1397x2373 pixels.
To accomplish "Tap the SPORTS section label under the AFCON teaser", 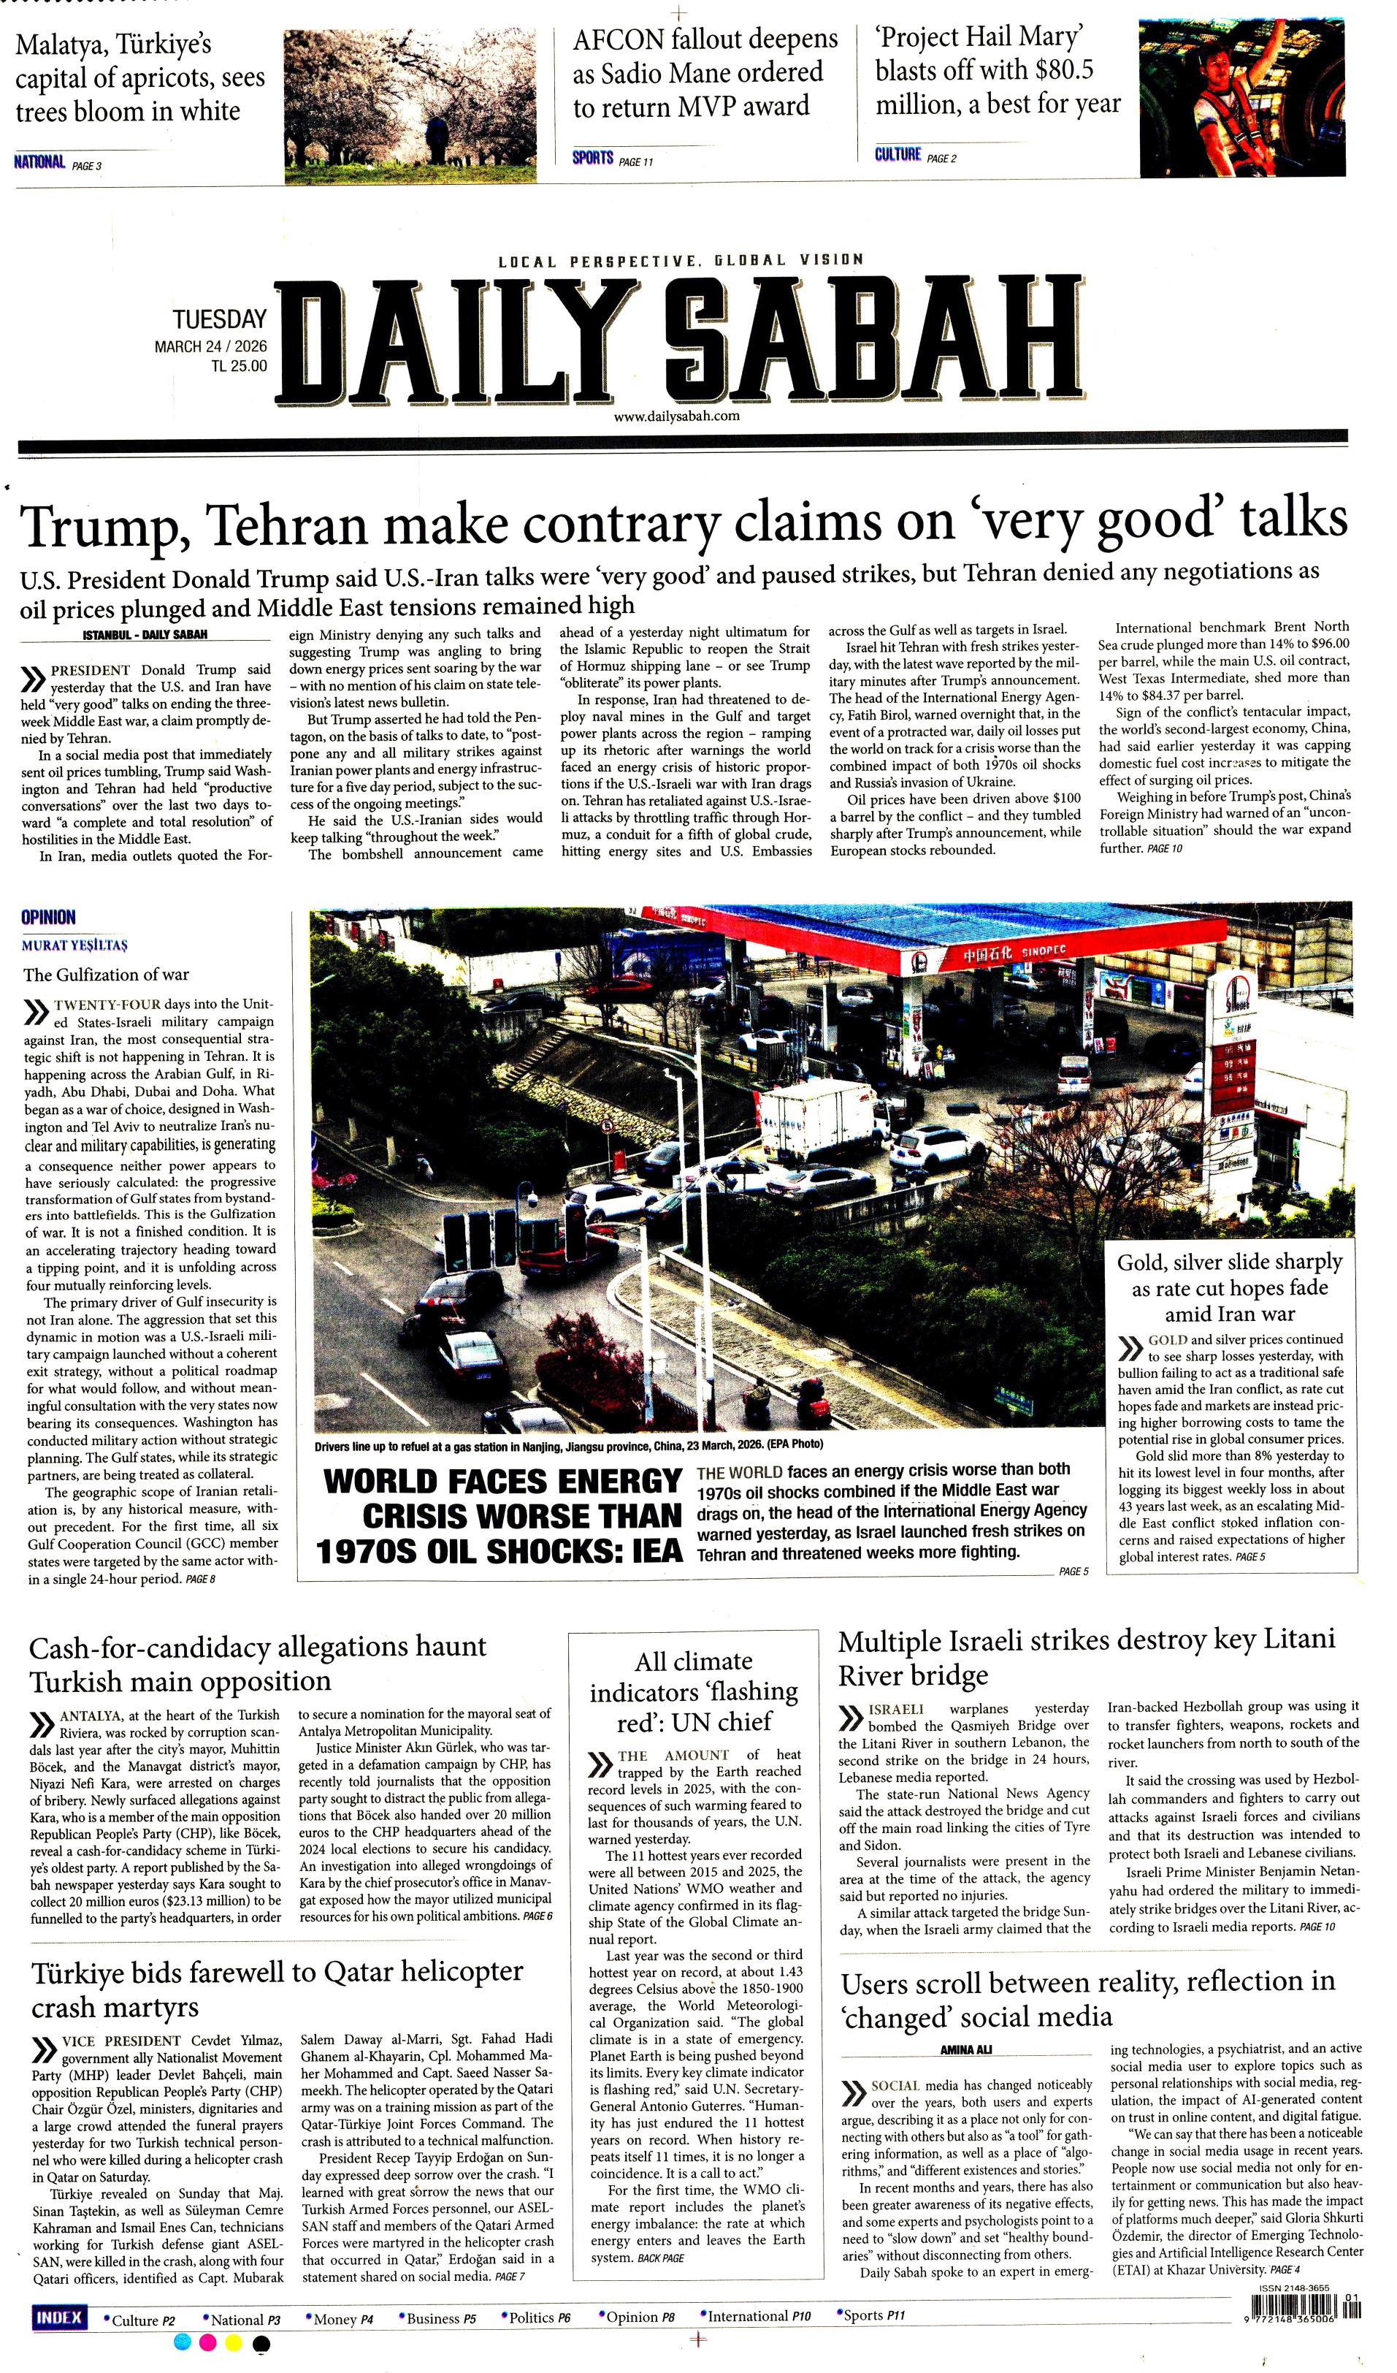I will (x=592, y=159).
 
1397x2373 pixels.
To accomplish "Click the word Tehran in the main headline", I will (x=287, y=525).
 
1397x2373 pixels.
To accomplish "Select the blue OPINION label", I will (x=48, y=917).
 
